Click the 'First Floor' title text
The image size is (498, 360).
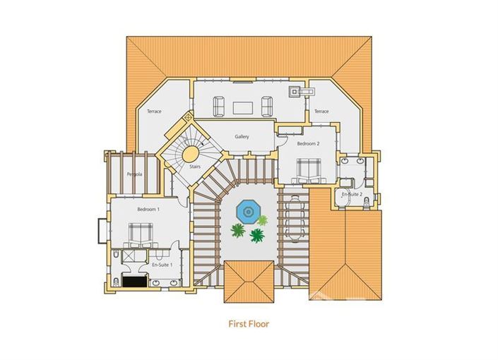pos(249,324)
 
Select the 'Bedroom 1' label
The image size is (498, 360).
pos(148,210)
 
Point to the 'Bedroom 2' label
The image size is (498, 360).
pos(308,143)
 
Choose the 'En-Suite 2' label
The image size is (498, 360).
pos(352,193)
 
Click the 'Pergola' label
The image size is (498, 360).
pos(134,174)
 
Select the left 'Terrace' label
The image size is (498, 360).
pos(154,112)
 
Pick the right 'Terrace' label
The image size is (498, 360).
pos(321,111)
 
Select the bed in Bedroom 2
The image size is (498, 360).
pos(308,170)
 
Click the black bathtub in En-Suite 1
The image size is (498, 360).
pos(134,280)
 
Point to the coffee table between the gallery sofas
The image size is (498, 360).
pos(243,107)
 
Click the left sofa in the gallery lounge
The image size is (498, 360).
pos(219,107)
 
